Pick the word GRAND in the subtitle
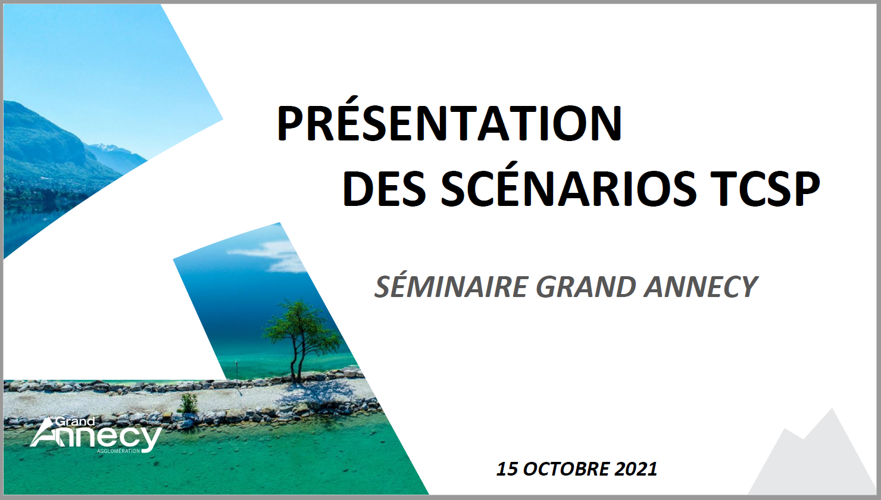(586, 286)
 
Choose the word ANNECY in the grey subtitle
(701, 286)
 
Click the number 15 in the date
(507, 469)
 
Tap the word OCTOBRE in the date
(567, 469)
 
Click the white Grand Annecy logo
(96, 435)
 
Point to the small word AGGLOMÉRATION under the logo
(118, 451)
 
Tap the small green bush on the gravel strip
(188, 403)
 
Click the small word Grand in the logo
(75, 421)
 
